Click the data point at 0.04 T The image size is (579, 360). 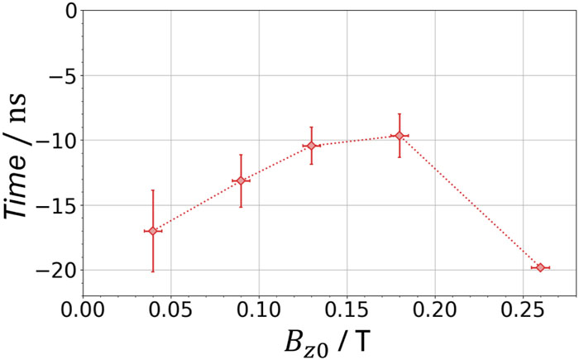pos(153,231)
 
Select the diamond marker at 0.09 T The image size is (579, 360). pos(242,180)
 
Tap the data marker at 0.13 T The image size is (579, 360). pos(311,146)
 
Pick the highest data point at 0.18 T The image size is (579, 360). pos(400,136)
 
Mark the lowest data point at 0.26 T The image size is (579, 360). pos(540,267)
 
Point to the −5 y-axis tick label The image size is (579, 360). pos(63,76)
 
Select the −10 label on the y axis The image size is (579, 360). pos(56,141)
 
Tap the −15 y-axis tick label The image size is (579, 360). pos(56,205)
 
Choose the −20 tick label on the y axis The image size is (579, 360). pos(56,270)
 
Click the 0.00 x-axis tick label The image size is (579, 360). pos(83,310)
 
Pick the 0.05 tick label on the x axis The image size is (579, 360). pos(171,310)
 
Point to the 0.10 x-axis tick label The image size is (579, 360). pos(259,310)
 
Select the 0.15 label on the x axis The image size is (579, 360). pos(347,310)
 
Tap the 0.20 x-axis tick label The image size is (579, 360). pos(435,310)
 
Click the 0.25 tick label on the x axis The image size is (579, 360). pos(524,310)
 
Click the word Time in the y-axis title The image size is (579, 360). pos(16,187)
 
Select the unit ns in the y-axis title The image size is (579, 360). pos(18,108)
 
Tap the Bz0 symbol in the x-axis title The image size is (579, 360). pos(307,343)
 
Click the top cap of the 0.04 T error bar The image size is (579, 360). pos(153,190)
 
